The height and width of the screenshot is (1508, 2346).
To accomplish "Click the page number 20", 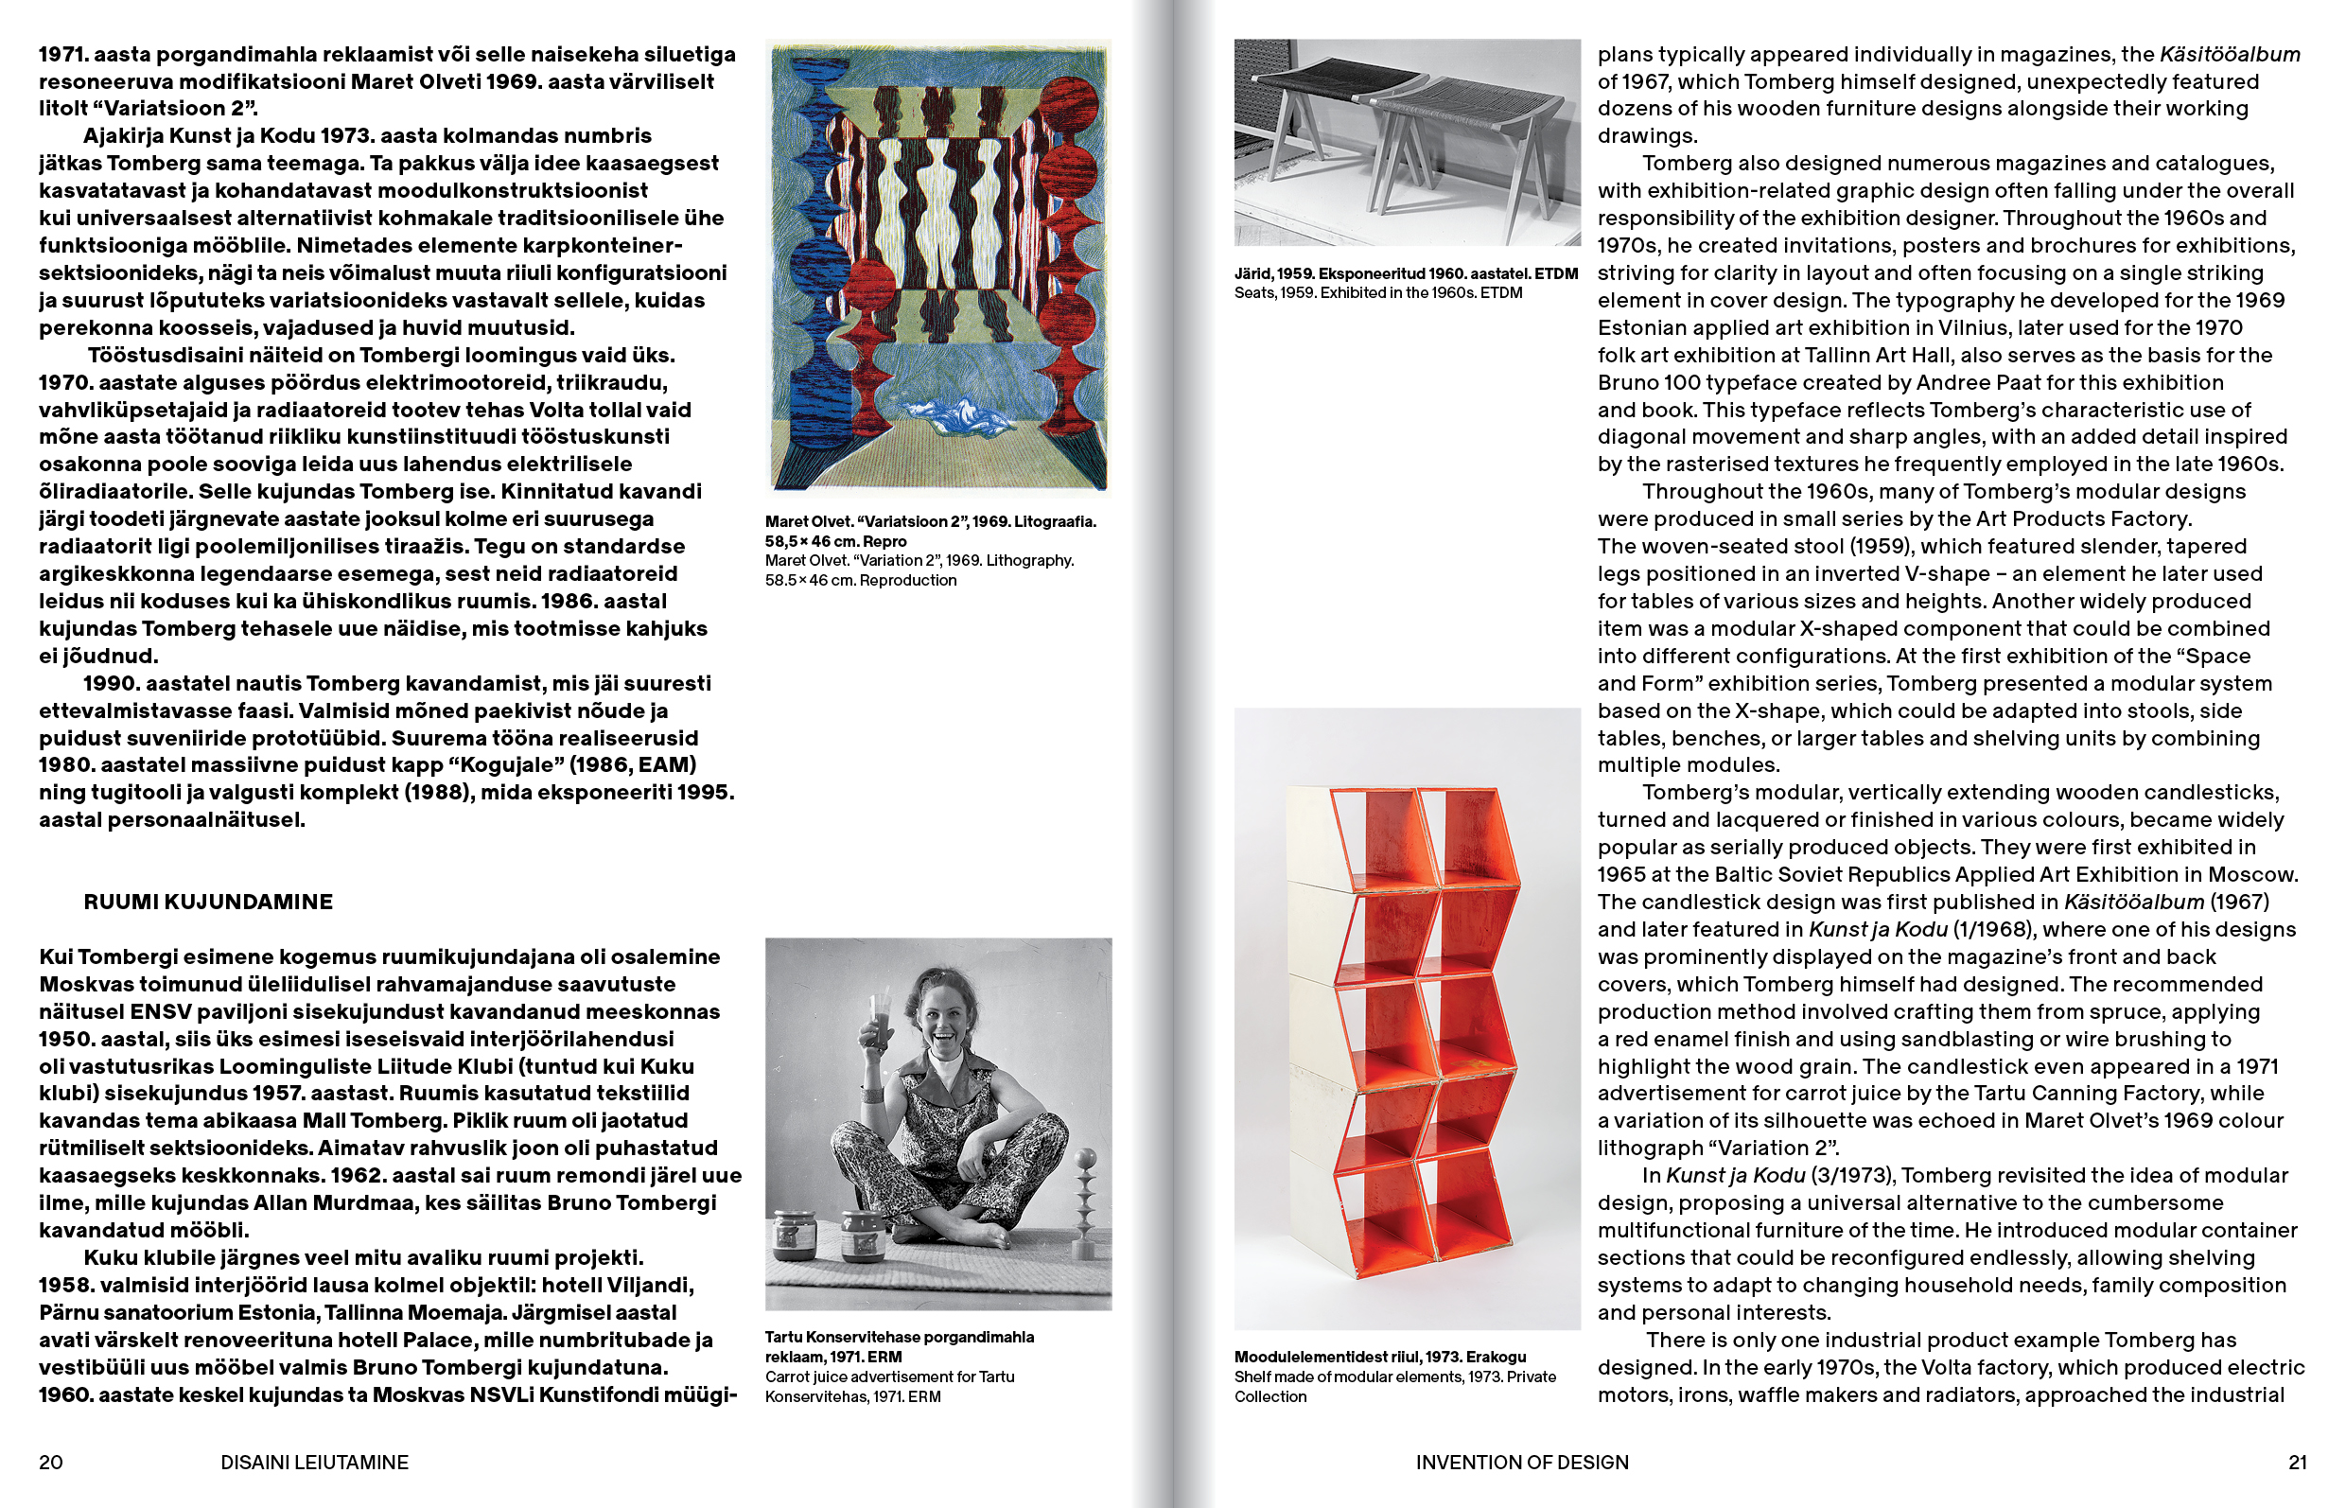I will pyautogui.click(x=51, y=1462).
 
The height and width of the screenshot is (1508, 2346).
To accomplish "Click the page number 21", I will pyautogui.click(x=2297, y=1462).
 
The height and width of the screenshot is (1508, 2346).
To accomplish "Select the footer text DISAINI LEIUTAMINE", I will pyautogui.click(x=314, y=1462).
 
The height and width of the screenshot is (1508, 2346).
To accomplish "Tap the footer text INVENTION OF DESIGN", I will pyautogui.click(x=1521, y=1462).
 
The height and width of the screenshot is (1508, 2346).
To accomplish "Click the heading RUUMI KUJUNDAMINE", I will pyautogui.click(x=207, y=902).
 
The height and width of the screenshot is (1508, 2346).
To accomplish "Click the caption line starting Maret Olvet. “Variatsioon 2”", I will pyautogui.click(x=930, y=522).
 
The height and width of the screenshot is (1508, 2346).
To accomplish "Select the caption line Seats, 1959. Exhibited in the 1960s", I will pyautogui.click(x=1377, y=292).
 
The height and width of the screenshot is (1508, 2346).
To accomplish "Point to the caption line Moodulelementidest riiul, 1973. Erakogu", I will pyautogui.click(x=1379, y=1358).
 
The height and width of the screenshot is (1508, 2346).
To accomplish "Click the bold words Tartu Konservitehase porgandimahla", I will pyautogui.click(x=899, y=1338).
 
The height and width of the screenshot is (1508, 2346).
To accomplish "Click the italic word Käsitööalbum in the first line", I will pyautogui.click(x=2230, y=55).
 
